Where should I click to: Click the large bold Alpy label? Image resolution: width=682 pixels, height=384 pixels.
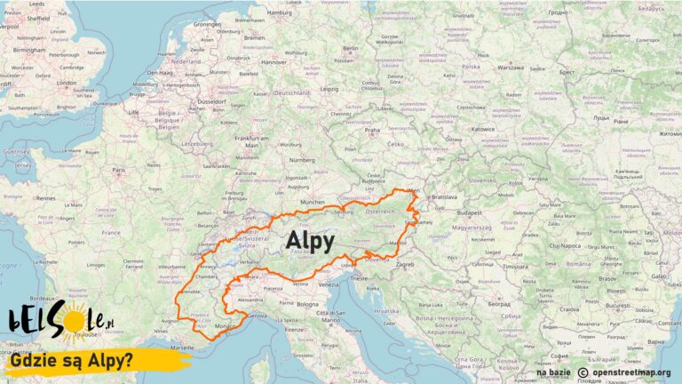click(310, 241)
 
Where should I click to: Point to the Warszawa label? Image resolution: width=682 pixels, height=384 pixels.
click(511, 67)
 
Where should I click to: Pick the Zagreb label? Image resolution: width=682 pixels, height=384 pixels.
click(406, 264)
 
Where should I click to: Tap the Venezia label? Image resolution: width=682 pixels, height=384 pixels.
click(329, 284)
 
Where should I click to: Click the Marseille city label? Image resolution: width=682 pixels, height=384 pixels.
click(181, 346)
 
